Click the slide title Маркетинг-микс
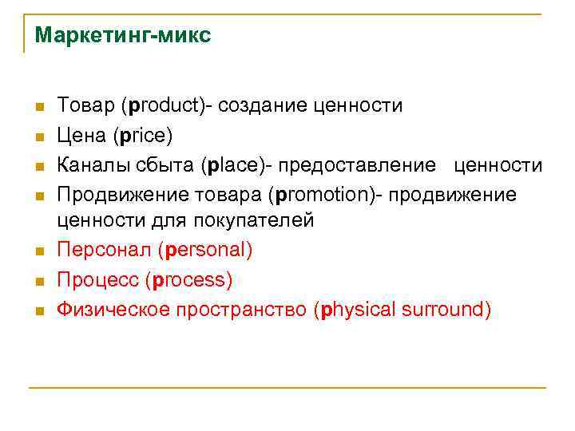123,36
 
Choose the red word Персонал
104,251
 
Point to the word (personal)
205,251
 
